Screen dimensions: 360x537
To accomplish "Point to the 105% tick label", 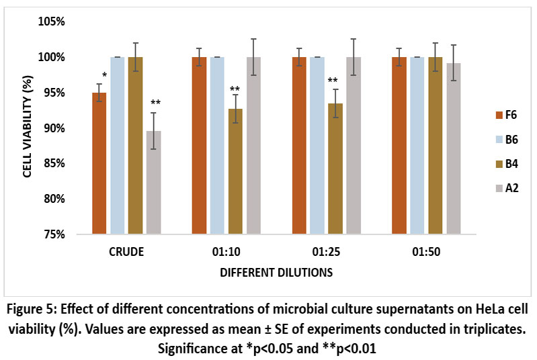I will tap(51, 21).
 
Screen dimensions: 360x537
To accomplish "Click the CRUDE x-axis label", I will tap(126, 254).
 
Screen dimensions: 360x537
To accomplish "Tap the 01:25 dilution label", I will tap(326, 254).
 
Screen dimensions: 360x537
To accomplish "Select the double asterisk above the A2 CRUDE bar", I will tap(155, 103).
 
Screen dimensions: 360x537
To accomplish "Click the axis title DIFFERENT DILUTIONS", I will tap(276, 273).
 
